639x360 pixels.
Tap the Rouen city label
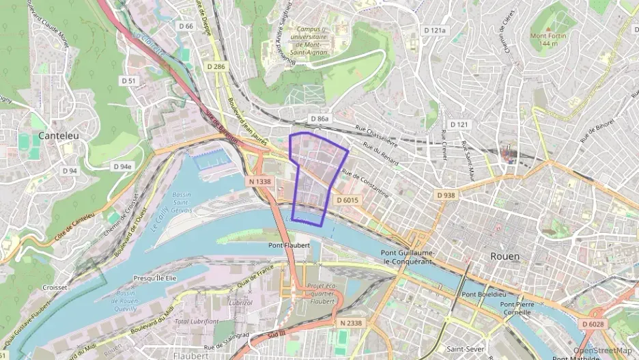pos(505,256)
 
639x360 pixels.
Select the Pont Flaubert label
pos(289,245)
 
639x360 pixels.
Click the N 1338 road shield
pos(259,182)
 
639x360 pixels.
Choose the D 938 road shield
pos(445,195)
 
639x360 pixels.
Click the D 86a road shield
pos(319,119)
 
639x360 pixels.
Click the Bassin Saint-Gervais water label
pos(182,202)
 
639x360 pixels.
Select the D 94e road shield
pos(122,167)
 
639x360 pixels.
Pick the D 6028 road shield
pos(594,324)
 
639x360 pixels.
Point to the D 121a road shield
pos(434,31)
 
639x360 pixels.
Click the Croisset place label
pos(55,288)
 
